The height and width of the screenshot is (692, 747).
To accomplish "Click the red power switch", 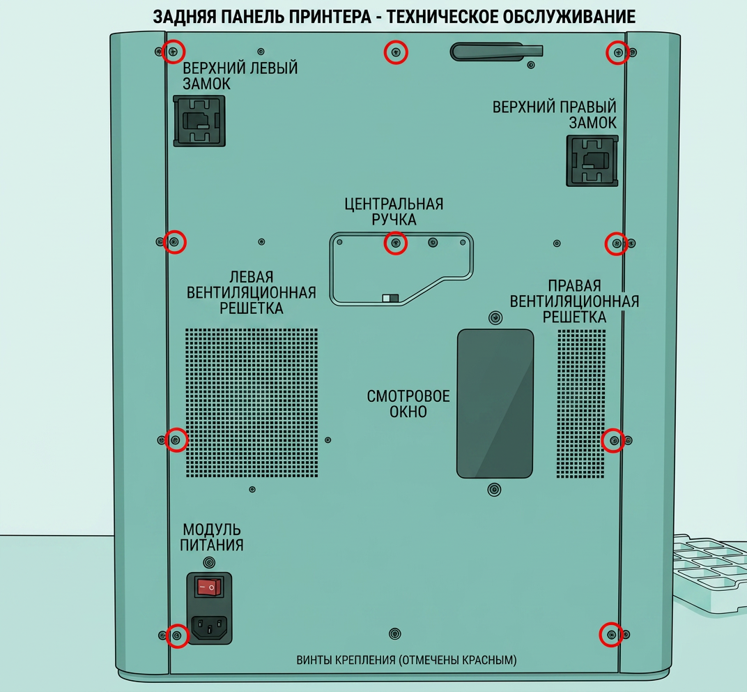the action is point(209,587).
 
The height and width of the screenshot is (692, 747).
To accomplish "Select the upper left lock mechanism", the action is point(199,121).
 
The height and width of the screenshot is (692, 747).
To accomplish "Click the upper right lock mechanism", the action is point(592,160).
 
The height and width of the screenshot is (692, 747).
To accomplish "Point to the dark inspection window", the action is point(495,403).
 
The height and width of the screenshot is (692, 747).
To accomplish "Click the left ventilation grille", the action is point(252,403).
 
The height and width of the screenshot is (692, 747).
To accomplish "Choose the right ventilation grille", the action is point(581,403).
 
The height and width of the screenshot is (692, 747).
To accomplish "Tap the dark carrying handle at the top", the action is point(496,52).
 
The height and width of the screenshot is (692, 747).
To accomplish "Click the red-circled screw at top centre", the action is point(395,52).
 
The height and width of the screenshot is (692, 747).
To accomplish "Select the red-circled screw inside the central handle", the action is point(395,243).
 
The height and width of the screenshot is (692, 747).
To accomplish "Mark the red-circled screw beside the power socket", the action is point(177,635).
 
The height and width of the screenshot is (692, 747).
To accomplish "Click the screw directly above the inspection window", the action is point(495,317).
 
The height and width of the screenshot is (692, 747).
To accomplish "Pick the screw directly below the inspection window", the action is point(495,489).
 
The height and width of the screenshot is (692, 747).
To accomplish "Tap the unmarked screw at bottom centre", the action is point(394,634).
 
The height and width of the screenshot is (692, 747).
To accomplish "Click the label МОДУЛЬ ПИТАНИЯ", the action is point(212,537).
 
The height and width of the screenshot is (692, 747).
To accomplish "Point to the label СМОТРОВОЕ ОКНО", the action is point(408,404).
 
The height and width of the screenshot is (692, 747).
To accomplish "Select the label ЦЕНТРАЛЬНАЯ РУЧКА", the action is point(394,212).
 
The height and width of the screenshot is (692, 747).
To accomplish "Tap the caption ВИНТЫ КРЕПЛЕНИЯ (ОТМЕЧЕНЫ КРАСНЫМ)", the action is point(406,660).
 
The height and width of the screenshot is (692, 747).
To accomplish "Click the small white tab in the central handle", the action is point(386,298).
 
